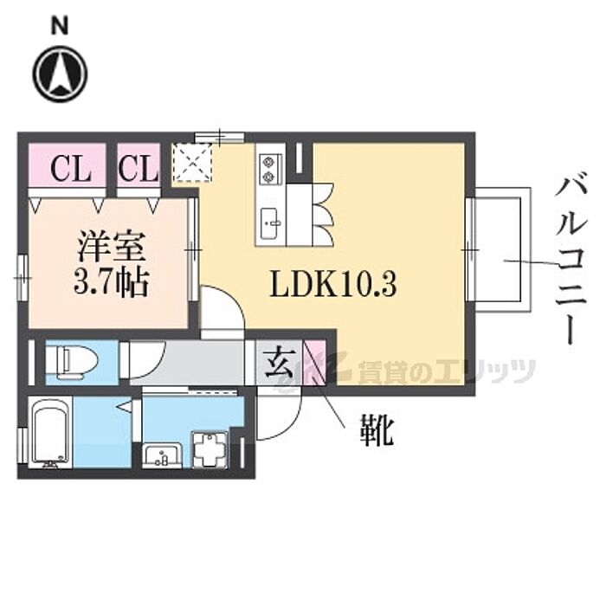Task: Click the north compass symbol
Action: click(60, 73)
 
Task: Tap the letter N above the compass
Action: click(60, 26)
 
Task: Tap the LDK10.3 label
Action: click(332, 286)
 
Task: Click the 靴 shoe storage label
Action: click(377, 430)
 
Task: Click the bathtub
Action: click(50, 433)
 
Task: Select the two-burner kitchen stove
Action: click(269, 168)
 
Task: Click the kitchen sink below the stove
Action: click(269, 223)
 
